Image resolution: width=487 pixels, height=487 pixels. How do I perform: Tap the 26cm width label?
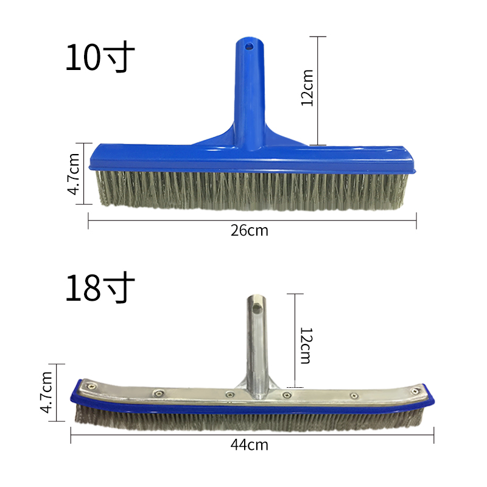[x=250, y=230]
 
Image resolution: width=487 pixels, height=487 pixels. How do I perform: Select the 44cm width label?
[x=250, y=444]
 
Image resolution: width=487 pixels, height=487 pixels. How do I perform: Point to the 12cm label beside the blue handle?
[x=307, y=88]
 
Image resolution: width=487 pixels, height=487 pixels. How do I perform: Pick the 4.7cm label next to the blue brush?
[x=73, y=173]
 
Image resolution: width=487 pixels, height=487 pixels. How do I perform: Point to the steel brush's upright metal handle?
[x=256, y=341]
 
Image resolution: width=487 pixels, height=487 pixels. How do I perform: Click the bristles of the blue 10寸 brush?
[x=250, y=190]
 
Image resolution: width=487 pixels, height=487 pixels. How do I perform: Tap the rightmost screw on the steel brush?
[x=416, y=390]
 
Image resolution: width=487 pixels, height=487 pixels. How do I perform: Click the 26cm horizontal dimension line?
[x=152, y=220]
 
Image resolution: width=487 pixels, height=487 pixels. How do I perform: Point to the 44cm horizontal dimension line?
[x=152, y=435]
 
